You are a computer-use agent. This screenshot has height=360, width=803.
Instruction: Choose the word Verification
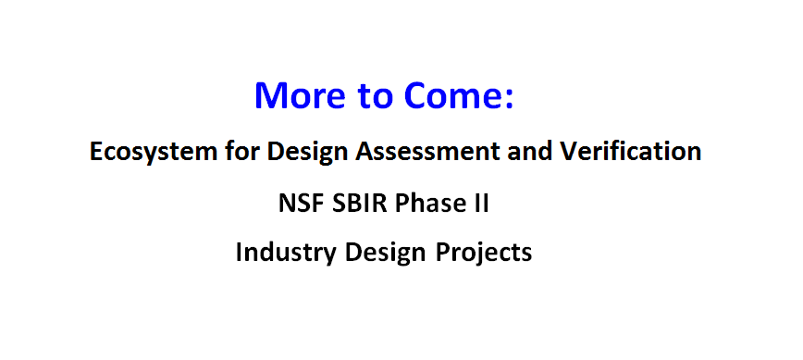pyautogui.click(x=630, y=151)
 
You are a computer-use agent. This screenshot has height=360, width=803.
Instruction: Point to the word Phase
pyautogui.click(x=426, y=203)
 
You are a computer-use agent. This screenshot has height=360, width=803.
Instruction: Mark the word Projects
pyautogui.click(x=484, y=253)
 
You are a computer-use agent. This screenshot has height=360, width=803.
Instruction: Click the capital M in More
pyautogui.click(x=270, y=95)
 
